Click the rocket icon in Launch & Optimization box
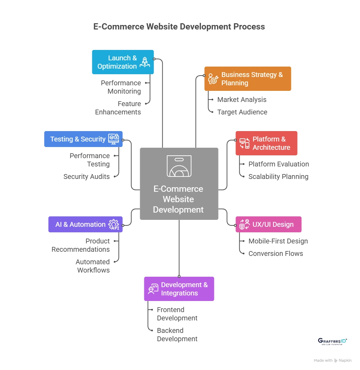[144, 62]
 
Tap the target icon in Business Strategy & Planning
[213, 79]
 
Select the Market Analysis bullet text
[242, 100]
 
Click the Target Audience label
[242, 112]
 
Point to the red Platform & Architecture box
[266, 143]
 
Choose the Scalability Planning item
[278, 177]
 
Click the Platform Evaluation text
[278, 164]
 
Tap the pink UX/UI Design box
[268, 224]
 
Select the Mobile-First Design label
[278, 241]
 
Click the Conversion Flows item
[275, 254]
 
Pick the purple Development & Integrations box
[179, 289]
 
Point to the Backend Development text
[177, 335]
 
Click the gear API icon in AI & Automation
[114, 225]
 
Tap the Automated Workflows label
[93, 266]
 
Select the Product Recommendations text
[80, 246]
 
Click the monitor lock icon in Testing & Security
[113, 139]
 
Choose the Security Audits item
[86, 177]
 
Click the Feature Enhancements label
[118, 108]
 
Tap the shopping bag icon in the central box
[179, 166]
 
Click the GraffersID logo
[332, 341]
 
